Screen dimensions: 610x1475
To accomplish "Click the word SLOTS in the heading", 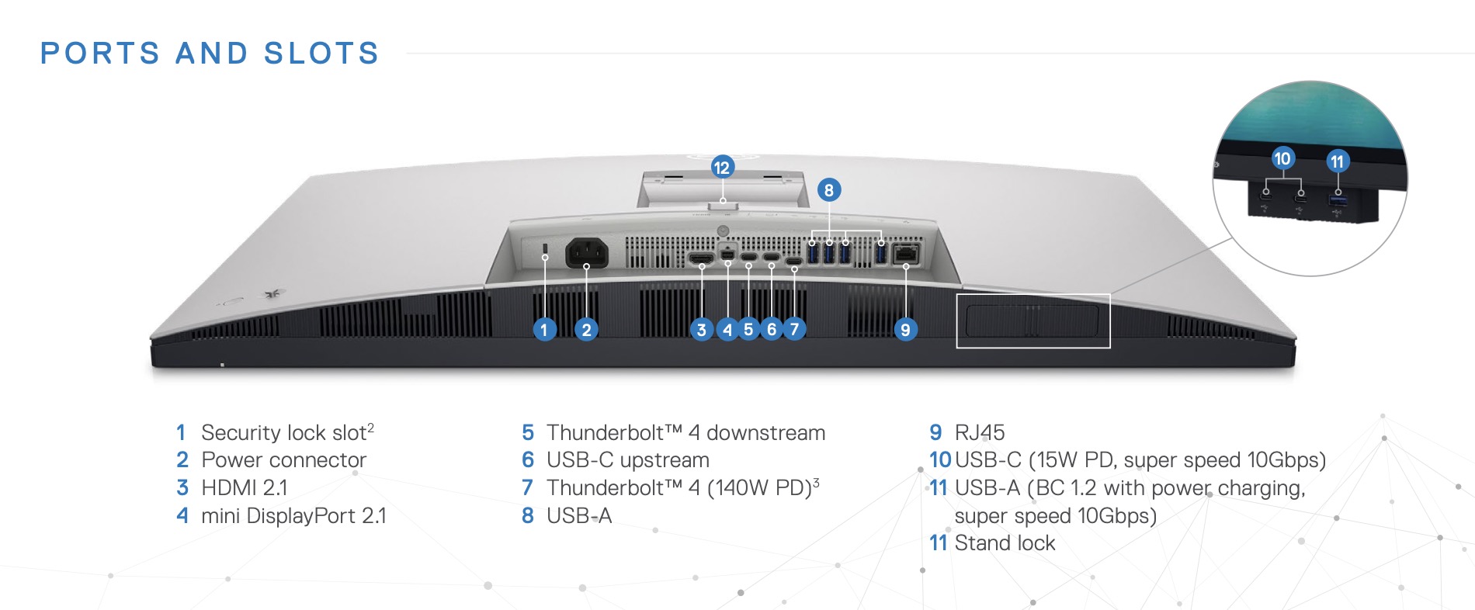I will pos(321,54).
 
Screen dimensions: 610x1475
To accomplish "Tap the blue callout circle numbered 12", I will pos(722,167).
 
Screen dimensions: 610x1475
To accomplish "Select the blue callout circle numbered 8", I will pos(829,190).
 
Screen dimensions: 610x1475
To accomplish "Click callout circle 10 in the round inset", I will pos(1282,159).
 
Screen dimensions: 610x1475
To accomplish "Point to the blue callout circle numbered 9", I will pos(905,330).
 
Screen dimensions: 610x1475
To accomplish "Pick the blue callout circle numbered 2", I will pos(586,330).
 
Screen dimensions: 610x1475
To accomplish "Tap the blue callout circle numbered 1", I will pos(544,330).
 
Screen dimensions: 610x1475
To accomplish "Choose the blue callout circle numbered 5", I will pos(748,330).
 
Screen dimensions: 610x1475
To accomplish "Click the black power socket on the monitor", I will pos(586,252).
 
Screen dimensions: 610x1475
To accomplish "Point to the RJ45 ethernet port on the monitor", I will pos(906,253).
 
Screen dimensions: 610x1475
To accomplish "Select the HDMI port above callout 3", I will pos(701,257).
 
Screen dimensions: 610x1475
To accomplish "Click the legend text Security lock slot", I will pos(283,432).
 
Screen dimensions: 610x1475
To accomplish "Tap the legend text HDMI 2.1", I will pos(244,487).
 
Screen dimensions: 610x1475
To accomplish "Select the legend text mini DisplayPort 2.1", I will pos(293,515).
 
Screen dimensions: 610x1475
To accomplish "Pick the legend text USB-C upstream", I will pos(627,460).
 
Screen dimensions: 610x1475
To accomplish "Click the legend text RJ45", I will pos(980,432).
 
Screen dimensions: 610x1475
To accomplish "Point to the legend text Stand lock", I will pos(1005,543).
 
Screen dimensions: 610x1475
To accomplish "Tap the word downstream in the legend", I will pos(765,432).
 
